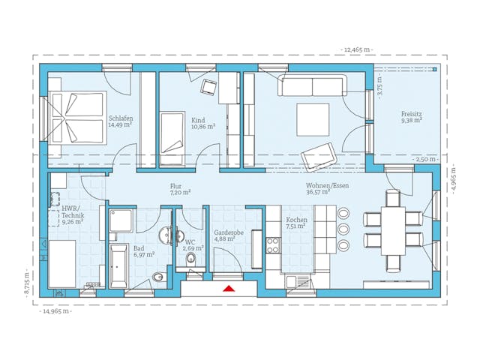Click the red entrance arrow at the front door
click(229, 286)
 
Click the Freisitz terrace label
click(411, 116)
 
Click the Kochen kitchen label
click(297, 223)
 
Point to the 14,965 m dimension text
click(56, 310)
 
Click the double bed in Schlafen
click(77, 118)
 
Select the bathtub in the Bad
click(118, 265)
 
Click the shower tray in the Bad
click(120, 220)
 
